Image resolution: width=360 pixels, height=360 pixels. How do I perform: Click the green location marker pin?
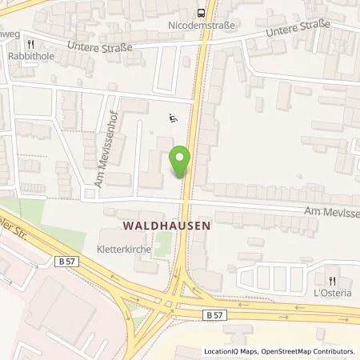pyautogui.click(x=180, y=162)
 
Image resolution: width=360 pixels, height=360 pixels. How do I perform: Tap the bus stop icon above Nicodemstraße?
pyautogui.click(x=202, y=12)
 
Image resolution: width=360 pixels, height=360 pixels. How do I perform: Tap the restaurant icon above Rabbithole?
pyautogui.click(x=30, y=45)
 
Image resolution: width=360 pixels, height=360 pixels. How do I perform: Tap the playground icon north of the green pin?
pyautogui.click(x=172, y=119)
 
